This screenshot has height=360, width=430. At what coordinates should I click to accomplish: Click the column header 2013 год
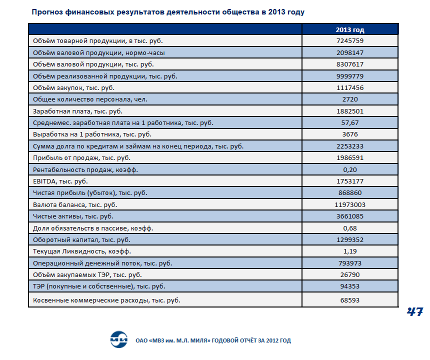[350, 29]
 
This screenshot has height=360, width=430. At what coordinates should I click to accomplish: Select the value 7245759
[350, 41]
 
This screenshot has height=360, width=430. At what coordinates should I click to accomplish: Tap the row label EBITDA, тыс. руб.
[60, 181]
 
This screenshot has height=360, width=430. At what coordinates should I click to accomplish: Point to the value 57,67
[350, 123]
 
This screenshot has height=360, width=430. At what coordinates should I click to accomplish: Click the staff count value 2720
[350, 99]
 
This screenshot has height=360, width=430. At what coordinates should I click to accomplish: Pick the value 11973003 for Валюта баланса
[350, 205]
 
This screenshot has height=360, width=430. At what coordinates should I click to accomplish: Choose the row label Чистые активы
[73, 216]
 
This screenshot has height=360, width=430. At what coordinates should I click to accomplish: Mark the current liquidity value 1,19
[350, 251]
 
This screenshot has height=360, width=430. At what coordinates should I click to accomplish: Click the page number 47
[414, 311]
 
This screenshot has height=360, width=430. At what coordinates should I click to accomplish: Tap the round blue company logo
[119, 339]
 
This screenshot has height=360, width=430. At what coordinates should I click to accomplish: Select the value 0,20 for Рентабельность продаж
[350, 170]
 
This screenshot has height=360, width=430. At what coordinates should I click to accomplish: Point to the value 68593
[350, 300]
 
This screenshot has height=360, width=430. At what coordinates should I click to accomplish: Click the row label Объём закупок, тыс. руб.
[74, 88]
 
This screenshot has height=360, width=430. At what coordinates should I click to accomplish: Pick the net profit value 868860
[350, 193]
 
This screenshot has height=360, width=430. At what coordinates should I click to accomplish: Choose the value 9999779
[350, 76]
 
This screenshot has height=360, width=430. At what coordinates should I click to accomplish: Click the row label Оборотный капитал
[81, 240]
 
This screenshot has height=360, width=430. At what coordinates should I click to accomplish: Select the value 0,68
[350, 228]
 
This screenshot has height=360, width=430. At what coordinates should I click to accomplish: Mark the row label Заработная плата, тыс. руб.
[77, 111]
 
